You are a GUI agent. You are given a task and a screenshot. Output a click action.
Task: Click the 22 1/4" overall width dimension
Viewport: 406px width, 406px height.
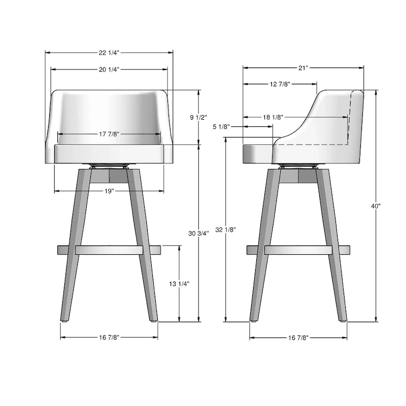(x=109, y=52)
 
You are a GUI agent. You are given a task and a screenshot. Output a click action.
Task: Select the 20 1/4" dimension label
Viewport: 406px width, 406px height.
(x=109, y=70)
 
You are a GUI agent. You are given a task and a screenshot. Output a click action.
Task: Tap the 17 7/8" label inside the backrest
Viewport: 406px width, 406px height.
(x=109, y=134)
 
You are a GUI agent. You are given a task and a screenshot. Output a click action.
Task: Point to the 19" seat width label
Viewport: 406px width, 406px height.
(x=109, y=191)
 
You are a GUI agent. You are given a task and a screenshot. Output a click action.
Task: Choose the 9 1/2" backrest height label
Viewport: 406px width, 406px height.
(x=198, y=117)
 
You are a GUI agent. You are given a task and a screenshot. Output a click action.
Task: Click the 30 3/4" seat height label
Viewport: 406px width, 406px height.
(x=198, y=233)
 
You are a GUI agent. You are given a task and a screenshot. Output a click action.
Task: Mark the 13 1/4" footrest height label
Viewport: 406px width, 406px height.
(x=179, y=284)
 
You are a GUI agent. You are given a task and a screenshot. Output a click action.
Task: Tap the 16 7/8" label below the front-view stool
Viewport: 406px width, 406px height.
(x=109, y=337)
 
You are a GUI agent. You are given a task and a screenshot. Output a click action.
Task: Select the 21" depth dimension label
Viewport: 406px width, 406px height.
(x=303, y=67)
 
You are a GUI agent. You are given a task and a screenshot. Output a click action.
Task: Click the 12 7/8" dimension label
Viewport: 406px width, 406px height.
(x=280, y=84)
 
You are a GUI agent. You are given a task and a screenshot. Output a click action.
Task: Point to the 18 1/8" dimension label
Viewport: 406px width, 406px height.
(x=273, y=117)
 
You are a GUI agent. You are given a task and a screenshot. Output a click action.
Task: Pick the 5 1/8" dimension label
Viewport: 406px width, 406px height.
(x=221, y=127)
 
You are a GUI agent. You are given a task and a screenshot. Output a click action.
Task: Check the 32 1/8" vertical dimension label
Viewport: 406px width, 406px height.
(x=225, y=229)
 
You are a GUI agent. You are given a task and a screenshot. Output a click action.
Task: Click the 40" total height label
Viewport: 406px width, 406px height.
(x=376, y=206)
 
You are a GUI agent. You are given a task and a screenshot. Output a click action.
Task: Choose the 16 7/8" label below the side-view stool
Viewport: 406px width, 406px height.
(x=298, y=337)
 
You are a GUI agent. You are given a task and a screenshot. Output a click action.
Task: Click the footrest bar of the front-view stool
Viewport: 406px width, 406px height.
(x=109, y=250)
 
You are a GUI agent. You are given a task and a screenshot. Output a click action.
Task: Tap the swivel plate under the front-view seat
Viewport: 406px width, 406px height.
(x=109, y=166)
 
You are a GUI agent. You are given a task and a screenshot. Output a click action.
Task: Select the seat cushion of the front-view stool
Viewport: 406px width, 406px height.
(x=109, y=154)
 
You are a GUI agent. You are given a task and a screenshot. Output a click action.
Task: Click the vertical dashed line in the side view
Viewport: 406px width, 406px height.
(x=351, y=117)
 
